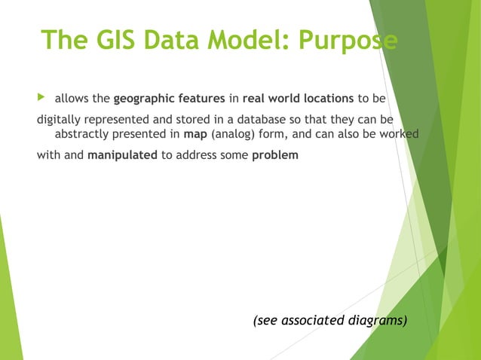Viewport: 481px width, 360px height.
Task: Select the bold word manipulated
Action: pyautogui.click(x=123, y=156)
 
